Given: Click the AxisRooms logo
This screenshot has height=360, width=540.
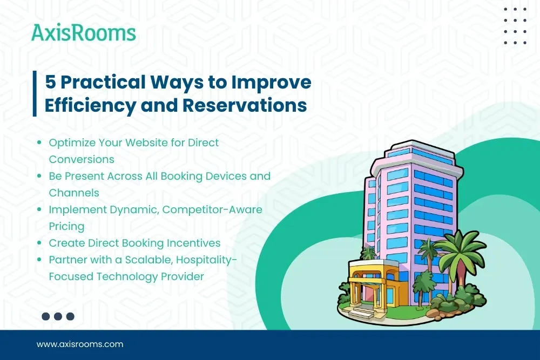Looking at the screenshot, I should click(x=83, y=33).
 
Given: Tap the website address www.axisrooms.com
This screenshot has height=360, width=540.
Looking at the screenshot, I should click(x=80, y=344).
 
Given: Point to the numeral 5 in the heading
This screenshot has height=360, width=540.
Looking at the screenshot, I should click(x=50, y=82).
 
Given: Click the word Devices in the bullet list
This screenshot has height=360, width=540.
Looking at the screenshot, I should click(x=226, y=176).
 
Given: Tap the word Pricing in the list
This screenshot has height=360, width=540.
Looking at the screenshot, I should click(x=66, y=226).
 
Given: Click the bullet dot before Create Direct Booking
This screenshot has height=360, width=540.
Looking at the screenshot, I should click(x=39, y=243).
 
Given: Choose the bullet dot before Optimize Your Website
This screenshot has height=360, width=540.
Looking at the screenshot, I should click(x=39, y=144).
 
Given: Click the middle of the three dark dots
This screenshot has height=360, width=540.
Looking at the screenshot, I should click(x=58, y=316).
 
